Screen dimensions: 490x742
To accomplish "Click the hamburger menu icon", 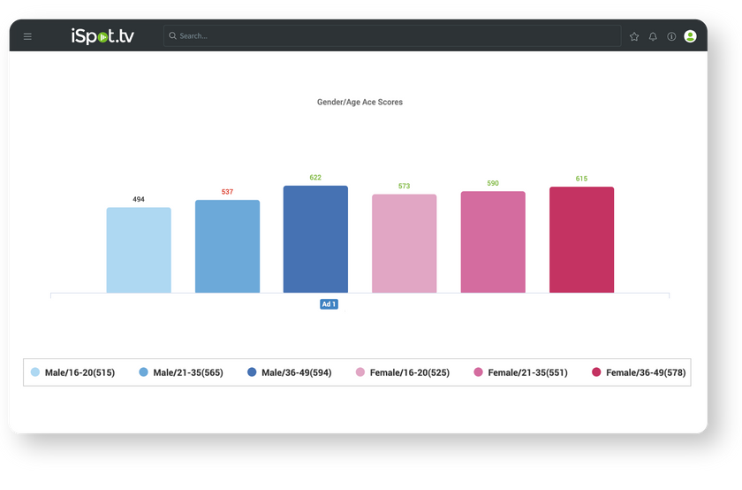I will click(x=27, y=36).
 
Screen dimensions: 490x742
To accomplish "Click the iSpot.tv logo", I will click(x=102, y=36).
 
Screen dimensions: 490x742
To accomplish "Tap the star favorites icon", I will click(x=634, y=36).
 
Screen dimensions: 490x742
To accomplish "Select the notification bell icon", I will click(x=653, y=36).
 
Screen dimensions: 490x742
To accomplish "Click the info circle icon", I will click(x=671, y=36).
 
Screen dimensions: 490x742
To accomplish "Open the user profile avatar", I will click(x=690, y=36).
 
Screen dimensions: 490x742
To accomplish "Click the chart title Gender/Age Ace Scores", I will click(x=360, y=103).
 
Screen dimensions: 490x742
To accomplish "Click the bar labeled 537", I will click(x=227, y=247).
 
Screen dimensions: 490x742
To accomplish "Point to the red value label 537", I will click(x=227, y=192).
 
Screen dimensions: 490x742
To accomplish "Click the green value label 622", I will click(x=315, y=178).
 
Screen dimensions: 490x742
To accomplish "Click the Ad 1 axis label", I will click(x=329, y=304).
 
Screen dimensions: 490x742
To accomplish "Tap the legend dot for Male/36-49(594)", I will click(x=252, y=372).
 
